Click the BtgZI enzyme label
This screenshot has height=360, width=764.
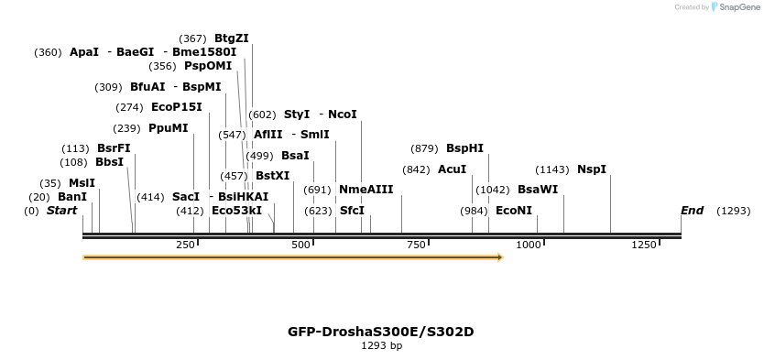coord(231,38)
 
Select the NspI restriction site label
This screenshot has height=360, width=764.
coord(591,169)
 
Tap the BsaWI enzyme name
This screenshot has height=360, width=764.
coord(537,190)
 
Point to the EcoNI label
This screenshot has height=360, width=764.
coord(513,211)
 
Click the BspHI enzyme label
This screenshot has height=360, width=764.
coord(464,148)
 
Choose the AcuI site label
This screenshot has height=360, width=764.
coord(452,169)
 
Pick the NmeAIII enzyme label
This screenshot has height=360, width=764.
coord(366,190)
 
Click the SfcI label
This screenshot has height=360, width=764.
coord(352,211)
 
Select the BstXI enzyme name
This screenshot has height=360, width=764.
coord(272,176)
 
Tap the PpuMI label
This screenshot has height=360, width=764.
coord(168,128)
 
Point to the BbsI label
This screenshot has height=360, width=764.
coord(109,162)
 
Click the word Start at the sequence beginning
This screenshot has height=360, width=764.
coord(61,211)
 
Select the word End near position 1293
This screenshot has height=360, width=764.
coord(692,211)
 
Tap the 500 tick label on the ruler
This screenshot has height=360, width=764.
coord(300,245)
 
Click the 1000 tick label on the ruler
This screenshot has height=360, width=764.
coord(529,245)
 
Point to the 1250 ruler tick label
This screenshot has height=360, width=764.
coord(644,245)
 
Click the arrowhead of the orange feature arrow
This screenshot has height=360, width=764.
coord(500,257)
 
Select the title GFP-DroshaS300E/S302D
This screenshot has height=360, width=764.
coord(381,332)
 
